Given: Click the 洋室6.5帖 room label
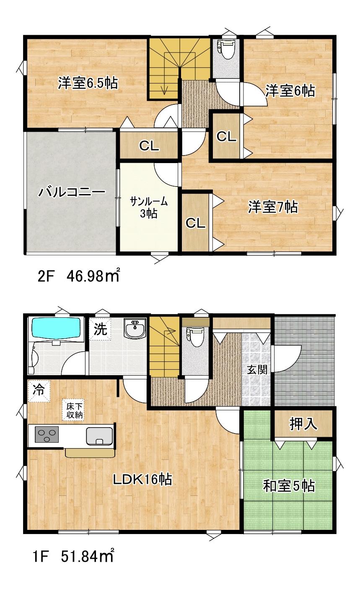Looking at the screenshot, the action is (88, 83).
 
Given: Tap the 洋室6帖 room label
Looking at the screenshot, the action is (290, 91).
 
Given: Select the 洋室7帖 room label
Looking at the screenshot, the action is (273, 207).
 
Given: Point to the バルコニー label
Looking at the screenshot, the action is (72, 192).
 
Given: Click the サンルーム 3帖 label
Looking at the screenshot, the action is (149, 208).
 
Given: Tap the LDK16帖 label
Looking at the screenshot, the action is (142, 479).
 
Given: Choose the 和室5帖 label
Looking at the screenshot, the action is (289, 486).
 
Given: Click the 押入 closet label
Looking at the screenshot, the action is (303, 424).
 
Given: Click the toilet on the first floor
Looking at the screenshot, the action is (195, 337).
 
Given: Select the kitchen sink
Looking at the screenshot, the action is (99, 436).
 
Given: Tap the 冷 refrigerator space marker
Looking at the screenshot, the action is (39, 391).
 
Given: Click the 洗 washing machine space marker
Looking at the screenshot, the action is (100, 329).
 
